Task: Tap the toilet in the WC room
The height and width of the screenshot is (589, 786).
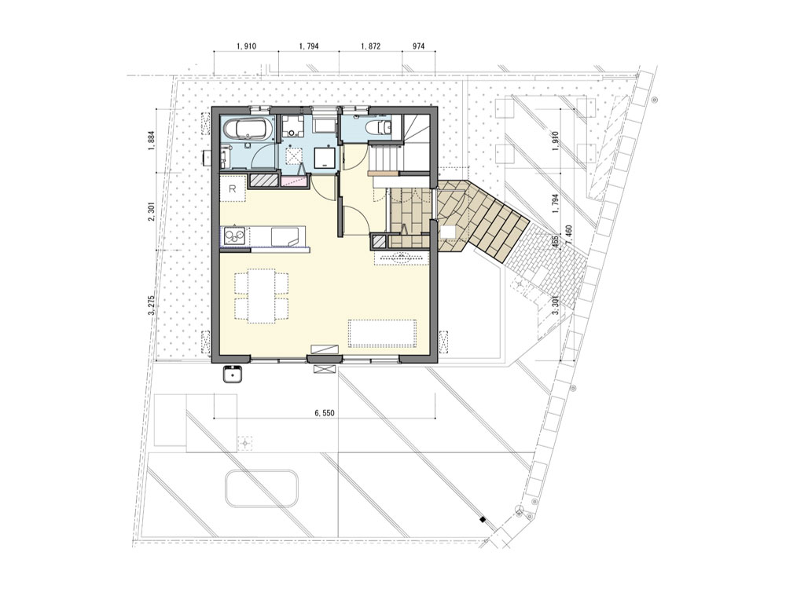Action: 379,127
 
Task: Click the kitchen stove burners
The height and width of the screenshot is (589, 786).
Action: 234,236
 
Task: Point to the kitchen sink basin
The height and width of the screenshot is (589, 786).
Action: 288,236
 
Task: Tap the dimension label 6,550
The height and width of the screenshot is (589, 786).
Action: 324,413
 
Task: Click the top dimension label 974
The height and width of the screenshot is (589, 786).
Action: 419,46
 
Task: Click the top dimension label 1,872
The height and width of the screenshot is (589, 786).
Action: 370,46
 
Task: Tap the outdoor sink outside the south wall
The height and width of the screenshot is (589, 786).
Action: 233,374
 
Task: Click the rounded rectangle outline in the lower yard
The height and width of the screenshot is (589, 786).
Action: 262,488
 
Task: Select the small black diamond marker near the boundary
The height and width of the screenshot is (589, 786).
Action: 483,519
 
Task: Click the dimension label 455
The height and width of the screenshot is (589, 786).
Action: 555,241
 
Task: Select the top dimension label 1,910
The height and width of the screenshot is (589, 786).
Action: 246,46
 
